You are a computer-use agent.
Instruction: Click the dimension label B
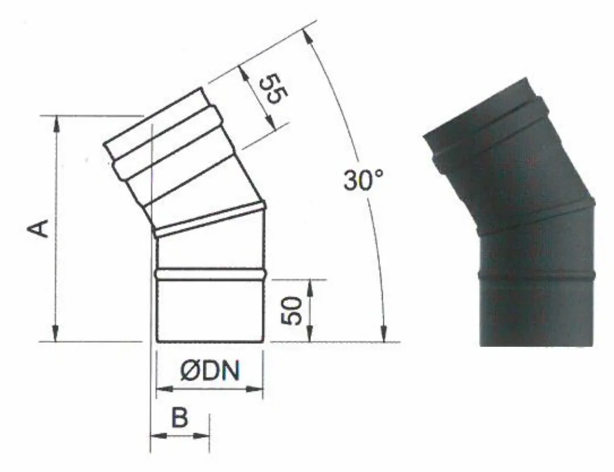pyautogui.click(x=180, y=418)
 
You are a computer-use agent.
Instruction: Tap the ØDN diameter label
pyautogui.click(x=210, y=371)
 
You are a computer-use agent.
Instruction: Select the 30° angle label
pyautogui.click(x=363, y=181)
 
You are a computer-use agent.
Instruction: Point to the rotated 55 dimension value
pyautogui.click(x=274, y=89)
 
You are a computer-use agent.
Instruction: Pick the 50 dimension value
pyautogui.click(x=293, y=311)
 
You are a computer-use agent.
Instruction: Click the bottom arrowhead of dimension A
pyautogui.click(x=57, y=333)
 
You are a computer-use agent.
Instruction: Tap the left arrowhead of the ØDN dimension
pyautogui.click(x=165, y=389)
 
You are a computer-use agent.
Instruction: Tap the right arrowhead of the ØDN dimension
pyautogui.click(x=255, y=389)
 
